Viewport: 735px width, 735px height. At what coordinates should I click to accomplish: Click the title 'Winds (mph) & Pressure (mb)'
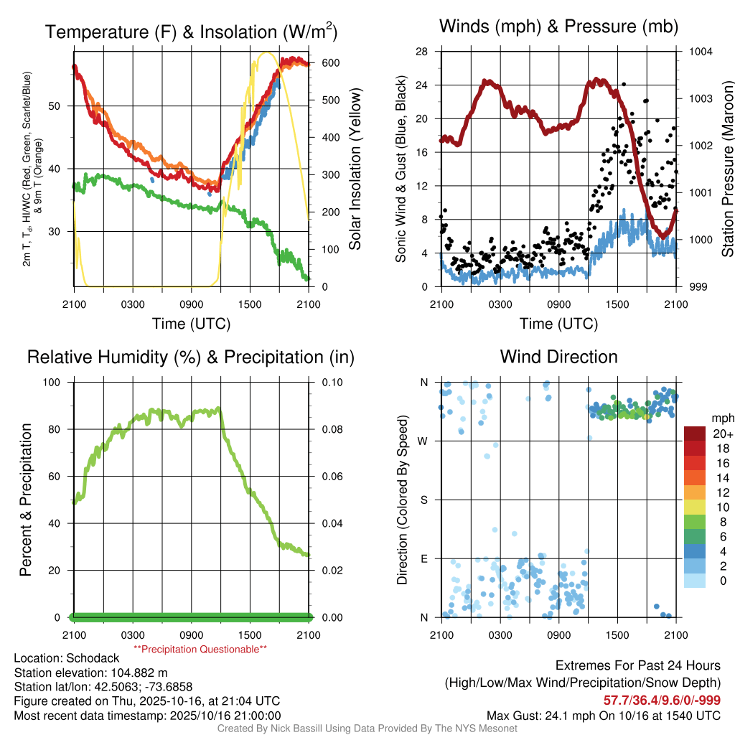click(x=558, y=27)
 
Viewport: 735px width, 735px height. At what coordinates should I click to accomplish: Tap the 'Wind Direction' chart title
click(x=558, y=357)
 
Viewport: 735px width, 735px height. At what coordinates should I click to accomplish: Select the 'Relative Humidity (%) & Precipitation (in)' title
click(x=191, y=357)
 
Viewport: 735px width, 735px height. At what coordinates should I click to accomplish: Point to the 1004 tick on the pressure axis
click(x=700, y=52)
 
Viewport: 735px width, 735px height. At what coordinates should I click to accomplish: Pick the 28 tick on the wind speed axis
click(x=422, y=52)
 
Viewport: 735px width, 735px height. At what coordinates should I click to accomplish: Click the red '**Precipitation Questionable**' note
click(x=200, y=649)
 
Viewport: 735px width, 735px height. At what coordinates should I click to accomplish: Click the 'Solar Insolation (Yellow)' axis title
click(x=355, y=169)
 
